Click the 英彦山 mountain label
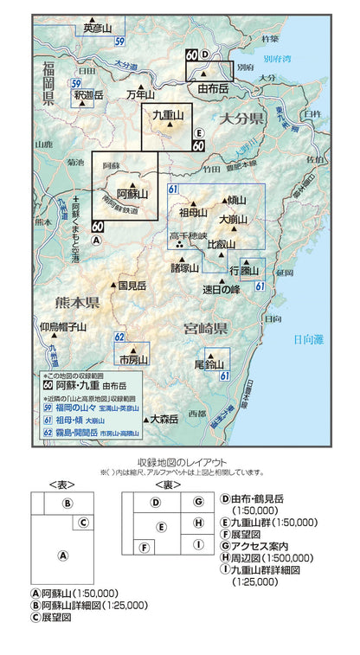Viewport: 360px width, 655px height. tap(98, 29)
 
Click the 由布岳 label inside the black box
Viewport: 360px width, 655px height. tap(212, 88)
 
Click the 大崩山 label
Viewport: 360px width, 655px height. tap(234, 218)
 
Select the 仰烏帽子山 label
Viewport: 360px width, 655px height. tap(63, 327)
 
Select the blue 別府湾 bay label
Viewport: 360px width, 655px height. tap(278, 61)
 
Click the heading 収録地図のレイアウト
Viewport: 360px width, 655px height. tap(179, 461)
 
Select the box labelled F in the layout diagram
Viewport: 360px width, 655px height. tap(145, 546)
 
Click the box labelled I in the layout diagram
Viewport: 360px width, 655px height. tap(198, 544)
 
